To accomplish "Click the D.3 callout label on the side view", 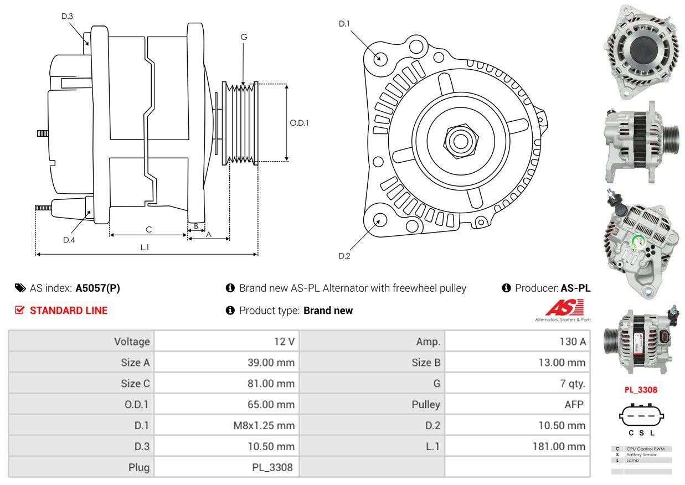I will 67,16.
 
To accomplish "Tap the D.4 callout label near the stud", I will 69,240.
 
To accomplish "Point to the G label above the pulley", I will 244,37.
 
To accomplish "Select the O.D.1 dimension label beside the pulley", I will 299,123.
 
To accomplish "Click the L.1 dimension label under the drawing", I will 145,247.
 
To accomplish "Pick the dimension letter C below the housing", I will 148,229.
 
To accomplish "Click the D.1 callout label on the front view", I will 344,24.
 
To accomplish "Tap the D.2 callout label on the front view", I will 344,256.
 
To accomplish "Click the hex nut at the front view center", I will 459,140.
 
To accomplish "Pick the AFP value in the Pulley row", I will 574,404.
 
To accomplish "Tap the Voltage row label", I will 132,342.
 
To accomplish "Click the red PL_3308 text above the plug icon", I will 641,389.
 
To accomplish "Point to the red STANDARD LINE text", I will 69,311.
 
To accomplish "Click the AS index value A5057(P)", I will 97,288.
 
